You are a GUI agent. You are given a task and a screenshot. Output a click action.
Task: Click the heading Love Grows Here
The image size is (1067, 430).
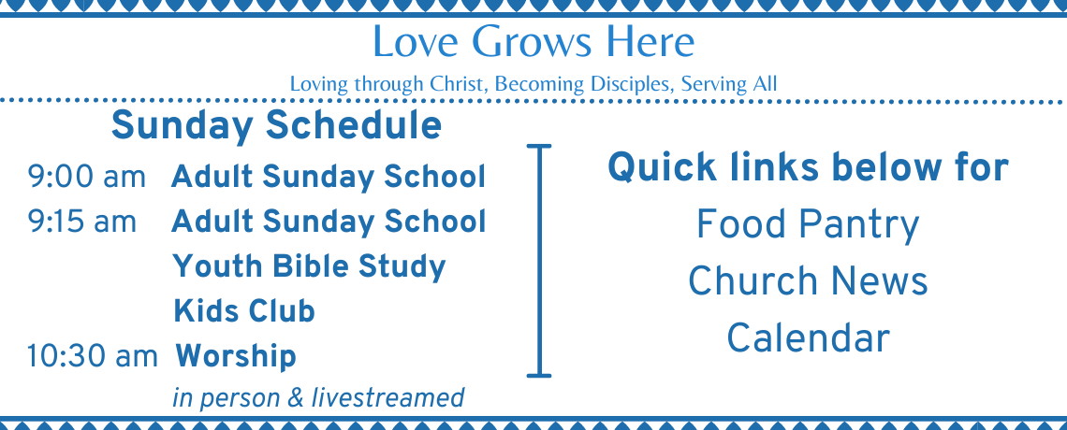[533, 42]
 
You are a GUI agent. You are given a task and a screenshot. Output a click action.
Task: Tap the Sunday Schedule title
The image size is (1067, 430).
[276, 125]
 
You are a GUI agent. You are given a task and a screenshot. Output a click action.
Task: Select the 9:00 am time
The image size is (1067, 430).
[86, 178]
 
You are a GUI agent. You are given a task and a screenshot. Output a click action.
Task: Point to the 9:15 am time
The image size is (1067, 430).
[81, 222]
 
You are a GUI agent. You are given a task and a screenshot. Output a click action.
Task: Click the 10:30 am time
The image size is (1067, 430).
[92, 357]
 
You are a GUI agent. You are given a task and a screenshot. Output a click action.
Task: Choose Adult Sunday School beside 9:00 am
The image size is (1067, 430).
[329, 178]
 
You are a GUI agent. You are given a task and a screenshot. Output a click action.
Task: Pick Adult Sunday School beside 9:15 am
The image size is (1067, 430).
[329, 222]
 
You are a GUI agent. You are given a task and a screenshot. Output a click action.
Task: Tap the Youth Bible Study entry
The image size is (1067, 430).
[310, 267]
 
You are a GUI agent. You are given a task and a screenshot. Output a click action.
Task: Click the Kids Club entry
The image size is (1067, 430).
[243, 311]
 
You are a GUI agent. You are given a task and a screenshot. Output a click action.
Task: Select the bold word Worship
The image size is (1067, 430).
[236, 357]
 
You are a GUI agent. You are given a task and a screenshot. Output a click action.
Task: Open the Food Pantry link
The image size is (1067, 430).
[808, 225]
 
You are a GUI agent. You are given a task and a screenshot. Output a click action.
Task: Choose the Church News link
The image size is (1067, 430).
[808, 281]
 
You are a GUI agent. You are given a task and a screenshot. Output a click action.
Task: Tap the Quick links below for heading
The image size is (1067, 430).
[808, 167]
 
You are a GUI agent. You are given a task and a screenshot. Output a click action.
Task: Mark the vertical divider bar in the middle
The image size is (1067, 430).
[539, 260]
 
